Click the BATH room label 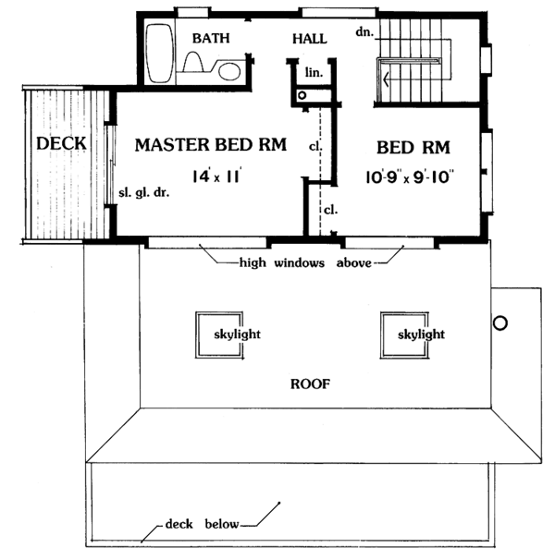click(x=211, y=38)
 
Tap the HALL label click(x=309, y=39)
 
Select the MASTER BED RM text click(x=210, y=145)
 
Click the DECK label click(x=61, y=144)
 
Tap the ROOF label click(x=310, y=383)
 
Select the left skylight click(x=221, y=335)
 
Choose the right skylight click(x=410, y=335)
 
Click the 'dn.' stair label click(x=363, y=32)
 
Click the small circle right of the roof click(x=500, y=323)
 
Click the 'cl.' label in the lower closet click(x=329, y=210)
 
